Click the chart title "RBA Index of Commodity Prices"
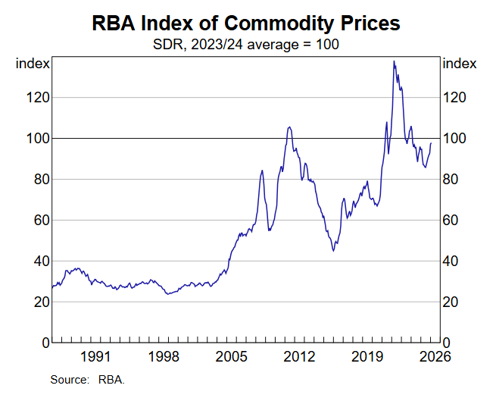point(246,23)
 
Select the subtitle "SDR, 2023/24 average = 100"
point(246,44)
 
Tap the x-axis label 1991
point(96,356)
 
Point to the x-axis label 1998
point(164,356)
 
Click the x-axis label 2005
point(231,356)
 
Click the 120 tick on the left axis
point(36,98)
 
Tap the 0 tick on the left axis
point(42,343)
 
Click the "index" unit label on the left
point(33,64)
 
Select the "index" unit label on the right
point(459,64)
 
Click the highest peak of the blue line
point(394,61)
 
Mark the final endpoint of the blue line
point(432,143)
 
